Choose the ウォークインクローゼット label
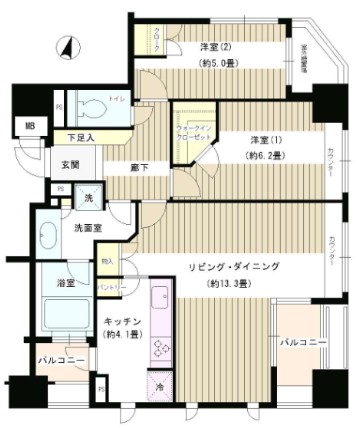[x=190, y=133]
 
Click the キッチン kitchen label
[x=121, y=322]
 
